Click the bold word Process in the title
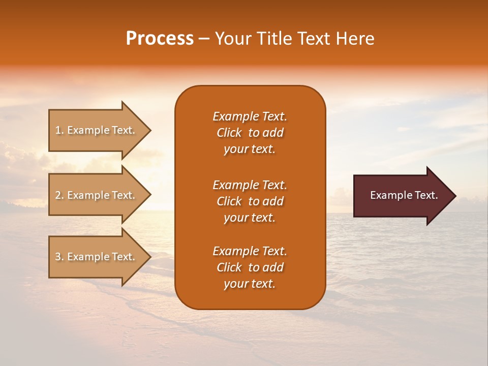160,39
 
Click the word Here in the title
355,39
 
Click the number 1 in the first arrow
57,131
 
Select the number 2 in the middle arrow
57,195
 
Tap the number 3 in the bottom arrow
57,257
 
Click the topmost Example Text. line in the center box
250,116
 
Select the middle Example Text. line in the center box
250,185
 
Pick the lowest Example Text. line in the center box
250,251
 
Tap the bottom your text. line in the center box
250,284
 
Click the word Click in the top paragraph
229,133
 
